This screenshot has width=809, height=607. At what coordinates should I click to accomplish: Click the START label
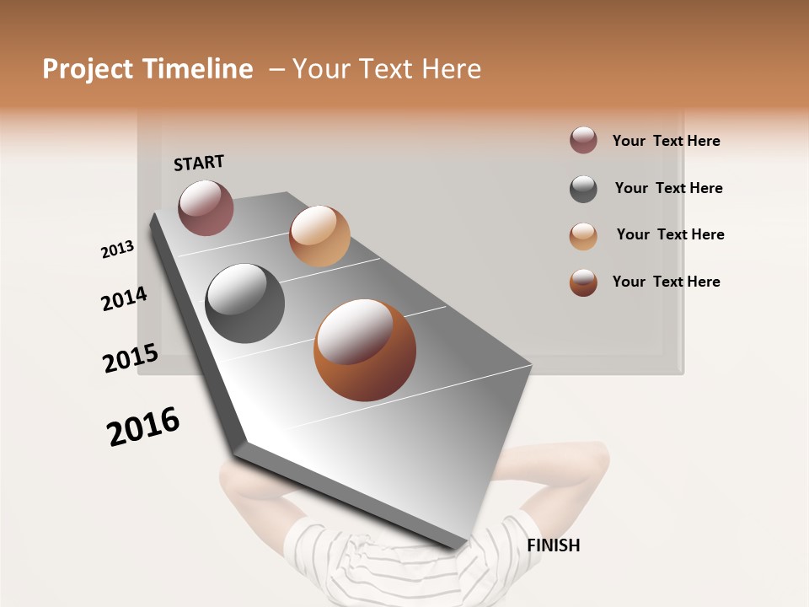[199, 163]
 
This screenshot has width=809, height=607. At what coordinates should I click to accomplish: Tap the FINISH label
[554, 545]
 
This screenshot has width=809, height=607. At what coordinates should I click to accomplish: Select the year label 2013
[117, 250]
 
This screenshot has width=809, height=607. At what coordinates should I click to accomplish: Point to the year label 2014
[124, 299]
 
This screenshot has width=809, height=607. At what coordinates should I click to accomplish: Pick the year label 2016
[143, 427]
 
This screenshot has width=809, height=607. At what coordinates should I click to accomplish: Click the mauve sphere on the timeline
[206, 207]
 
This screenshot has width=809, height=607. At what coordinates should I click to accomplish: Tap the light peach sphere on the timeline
[319, 236]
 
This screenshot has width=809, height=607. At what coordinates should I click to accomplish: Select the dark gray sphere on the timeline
[245, 303]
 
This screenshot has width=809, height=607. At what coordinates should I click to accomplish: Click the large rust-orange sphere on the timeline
[365, 350]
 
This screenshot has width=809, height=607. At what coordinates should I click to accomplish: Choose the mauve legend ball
[583, 141]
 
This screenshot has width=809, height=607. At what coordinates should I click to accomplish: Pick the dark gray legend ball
[583, 189]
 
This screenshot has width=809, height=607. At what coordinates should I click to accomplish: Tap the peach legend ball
[583, 236]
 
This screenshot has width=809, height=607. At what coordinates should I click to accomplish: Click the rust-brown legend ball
[583, 282]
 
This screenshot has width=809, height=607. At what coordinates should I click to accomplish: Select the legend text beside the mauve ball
[666, 141]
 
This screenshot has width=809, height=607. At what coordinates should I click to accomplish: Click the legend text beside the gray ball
[668, 188]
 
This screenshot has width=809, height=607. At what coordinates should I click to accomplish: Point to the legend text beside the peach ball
[670, 234]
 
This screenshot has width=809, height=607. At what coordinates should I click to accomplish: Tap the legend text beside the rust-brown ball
[666, 282]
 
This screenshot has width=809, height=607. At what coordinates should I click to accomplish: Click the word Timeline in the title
[197, 69]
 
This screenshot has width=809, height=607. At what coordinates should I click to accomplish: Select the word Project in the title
[88, 69]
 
